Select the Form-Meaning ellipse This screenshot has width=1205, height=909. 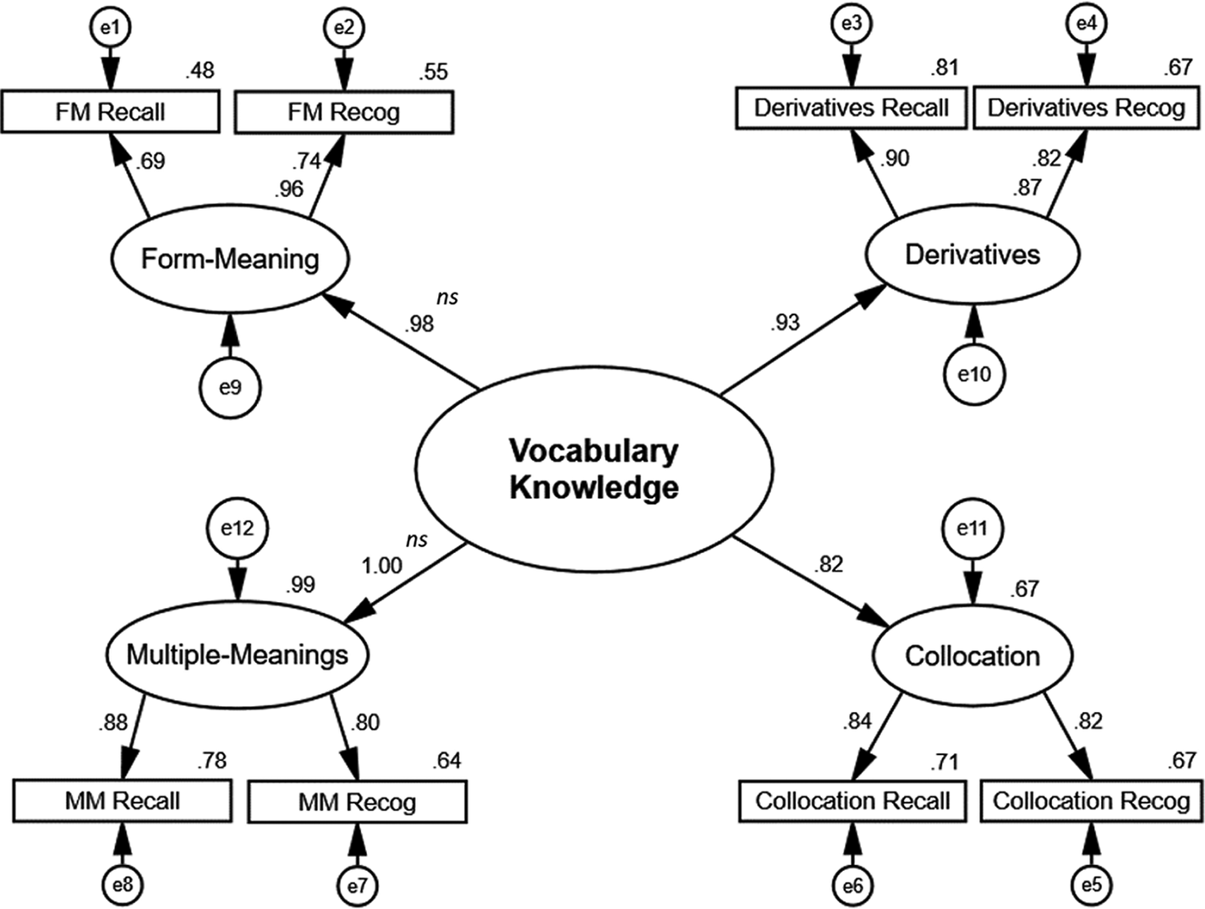(x=230, y=259)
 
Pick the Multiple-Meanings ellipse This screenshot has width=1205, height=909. (x=237, y=654)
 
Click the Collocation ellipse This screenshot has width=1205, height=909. (x=972, y=656)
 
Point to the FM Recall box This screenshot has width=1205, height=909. (x=110, y=112)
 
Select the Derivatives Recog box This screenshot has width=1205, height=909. (x=1086, y=108)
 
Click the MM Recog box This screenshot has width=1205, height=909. (x=357, y=801)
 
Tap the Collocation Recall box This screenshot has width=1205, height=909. (x=852, y=801)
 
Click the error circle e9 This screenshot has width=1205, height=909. (x=230, y=388)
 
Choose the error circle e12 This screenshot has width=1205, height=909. (x=237, y=528)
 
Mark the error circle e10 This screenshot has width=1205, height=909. (x=974, y=373)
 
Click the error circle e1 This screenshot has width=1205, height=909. (x=111, y=28)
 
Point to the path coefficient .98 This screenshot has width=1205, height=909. (x=419, y=324)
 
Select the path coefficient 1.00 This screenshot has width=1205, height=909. (x=381, y=565)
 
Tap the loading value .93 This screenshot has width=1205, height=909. (x=785, y=323)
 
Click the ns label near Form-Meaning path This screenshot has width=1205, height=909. (x=447, y=297)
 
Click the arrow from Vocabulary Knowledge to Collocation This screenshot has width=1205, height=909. (x=812, y=583)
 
